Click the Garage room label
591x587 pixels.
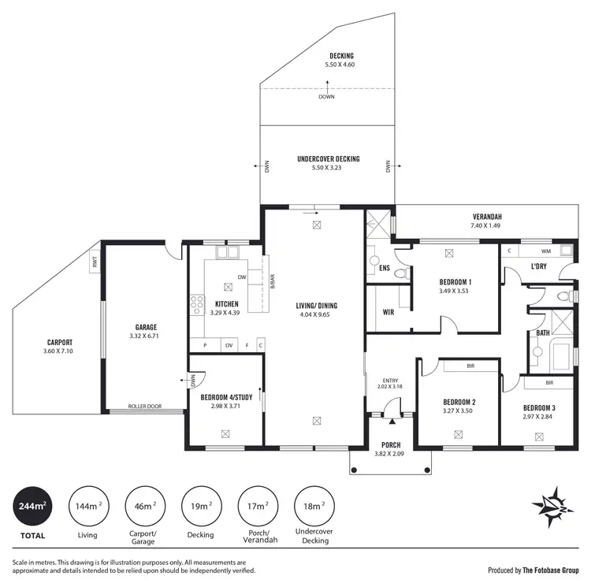[146, 327]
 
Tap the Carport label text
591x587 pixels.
[60, 342]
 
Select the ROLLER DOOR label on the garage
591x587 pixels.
[146, 407]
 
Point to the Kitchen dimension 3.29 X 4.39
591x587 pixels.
[227, 313]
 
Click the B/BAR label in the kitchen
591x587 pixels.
[272, 281]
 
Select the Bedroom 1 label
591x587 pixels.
[455, 282]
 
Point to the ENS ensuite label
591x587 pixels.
[385, 269]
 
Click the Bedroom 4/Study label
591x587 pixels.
[226, 397]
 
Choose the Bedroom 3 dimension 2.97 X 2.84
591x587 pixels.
[539, 416]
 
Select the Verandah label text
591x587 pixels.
[487, 217]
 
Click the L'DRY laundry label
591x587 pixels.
[539, 266]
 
